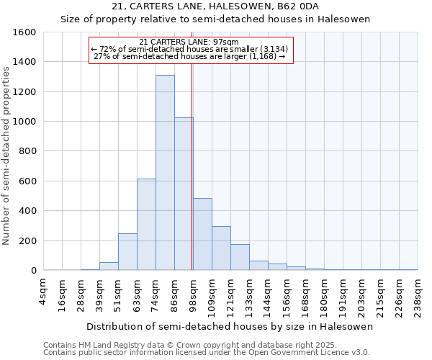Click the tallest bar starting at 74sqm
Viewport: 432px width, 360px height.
165,173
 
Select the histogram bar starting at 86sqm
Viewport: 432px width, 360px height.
184,194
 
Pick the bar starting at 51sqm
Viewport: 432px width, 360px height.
127,252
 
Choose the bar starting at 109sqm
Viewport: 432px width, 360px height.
221,248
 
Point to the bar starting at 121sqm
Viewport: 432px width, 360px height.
240,257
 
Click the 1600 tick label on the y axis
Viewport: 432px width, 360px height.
24,32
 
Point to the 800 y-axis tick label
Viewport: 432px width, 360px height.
27,151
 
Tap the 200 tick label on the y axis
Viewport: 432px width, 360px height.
27,240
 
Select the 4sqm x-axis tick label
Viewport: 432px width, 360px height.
43,291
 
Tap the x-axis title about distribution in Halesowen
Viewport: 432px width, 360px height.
230,326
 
